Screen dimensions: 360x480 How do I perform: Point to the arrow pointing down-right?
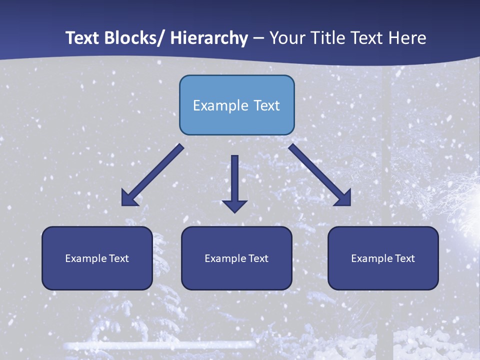click(x=318, y=173)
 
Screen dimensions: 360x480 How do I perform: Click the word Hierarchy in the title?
click(x=209, y=38)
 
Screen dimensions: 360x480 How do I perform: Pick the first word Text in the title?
click(x=83, y=38)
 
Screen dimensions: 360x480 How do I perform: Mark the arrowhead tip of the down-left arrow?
click(x=123, y=204)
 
